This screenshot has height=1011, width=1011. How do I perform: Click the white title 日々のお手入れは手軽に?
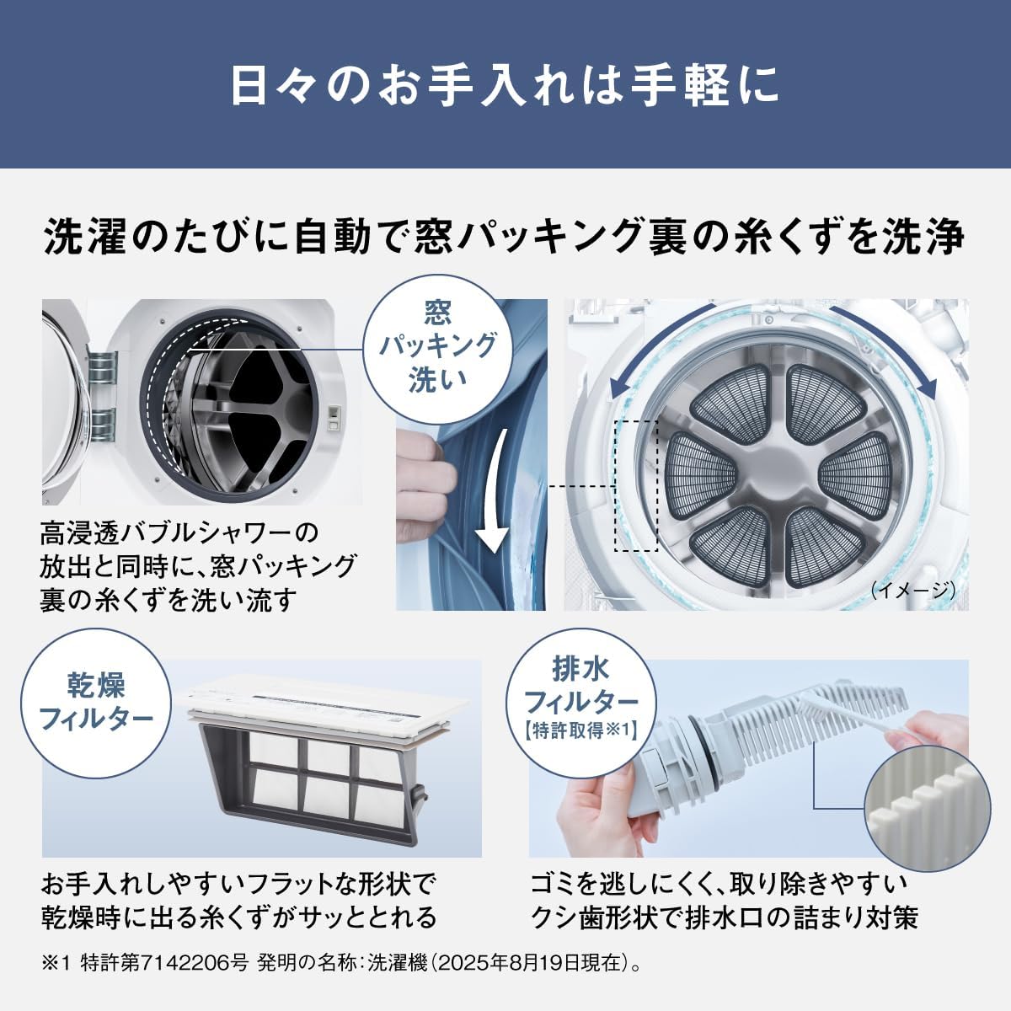[505, 86]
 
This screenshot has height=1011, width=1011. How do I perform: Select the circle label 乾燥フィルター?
[95, 703]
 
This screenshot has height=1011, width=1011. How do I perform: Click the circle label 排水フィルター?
[580, 703]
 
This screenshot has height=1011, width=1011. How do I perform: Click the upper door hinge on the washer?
[102, 371]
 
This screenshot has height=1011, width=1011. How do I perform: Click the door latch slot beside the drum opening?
[333, 418]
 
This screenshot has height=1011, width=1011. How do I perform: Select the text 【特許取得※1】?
[580, 730]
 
